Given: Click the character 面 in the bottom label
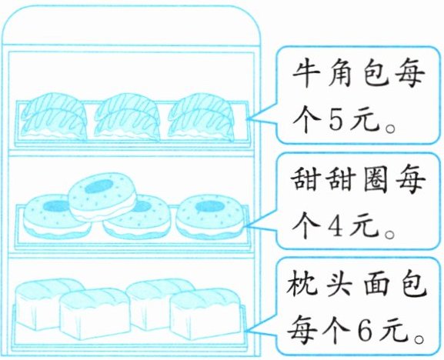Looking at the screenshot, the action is [x=376, y=284].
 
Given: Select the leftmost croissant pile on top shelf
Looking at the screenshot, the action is [x=55, y=117].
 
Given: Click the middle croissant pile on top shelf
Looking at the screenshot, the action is [x=127, y=117].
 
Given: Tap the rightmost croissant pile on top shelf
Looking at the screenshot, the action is [x=202, y=117].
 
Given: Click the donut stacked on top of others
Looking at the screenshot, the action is [x=102, y=196].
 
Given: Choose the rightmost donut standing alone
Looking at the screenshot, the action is [x=210, y=217].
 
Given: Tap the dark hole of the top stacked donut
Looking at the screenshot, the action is [x=98, y=186].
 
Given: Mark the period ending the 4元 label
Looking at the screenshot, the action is [x=390, y=235].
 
